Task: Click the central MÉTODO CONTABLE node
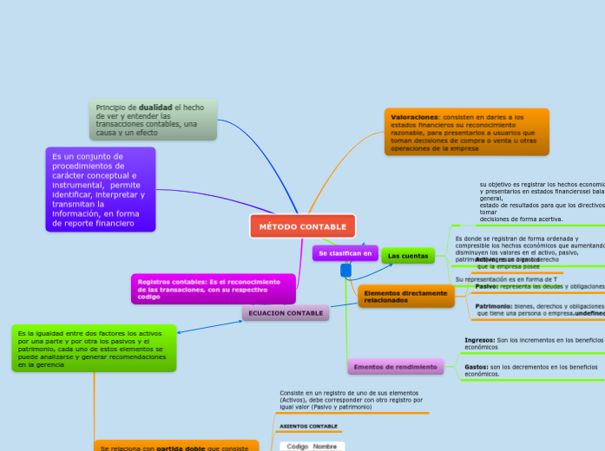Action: [x=302, y=226]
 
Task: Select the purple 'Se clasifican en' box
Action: [x=345, y=253]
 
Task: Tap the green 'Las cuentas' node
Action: [x=407, y=256]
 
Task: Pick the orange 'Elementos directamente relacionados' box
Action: [x=405, y=297]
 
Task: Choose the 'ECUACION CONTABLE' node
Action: [x=286, y=312]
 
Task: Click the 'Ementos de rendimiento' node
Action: [x=395, y=367]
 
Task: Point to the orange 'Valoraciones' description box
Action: [x=467, y=131]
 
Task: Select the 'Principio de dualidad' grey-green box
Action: [x=153, y=120]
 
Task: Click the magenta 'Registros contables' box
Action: [x=213, y=289]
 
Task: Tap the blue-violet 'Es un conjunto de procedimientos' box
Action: [x=100, y=190]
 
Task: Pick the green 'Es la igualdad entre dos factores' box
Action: [x=94, y=348]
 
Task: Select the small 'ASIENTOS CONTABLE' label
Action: [x=308, y=427]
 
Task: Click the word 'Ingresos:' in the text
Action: [x=480, y=340]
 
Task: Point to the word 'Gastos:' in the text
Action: [x=477, y=367]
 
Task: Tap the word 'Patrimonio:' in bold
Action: [x=493, y=306]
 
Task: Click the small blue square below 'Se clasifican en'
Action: [x=345, y=271]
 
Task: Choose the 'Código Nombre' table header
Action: [x=312, y=446]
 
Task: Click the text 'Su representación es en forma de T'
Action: [x=506, y=279]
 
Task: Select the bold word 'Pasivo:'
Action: [x=486, y=286]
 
